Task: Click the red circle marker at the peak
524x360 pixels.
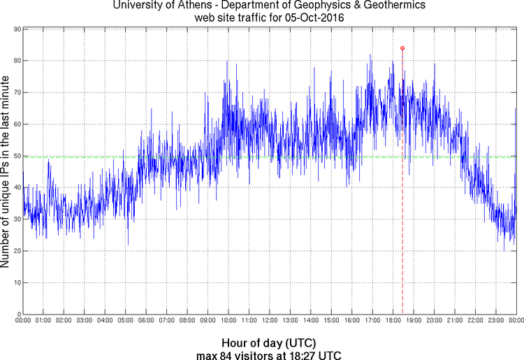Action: pyautogui.click(x=402, y=48)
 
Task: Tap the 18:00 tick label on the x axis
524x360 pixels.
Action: pyautogui.click(x=393, y=320)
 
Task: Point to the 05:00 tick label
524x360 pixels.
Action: pyautogui.click(x=126, y=320)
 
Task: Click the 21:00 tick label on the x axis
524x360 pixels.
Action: pyautogui.click(x=455, y=320)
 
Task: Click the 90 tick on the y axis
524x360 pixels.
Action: pyautogui.click(x=15, y=29)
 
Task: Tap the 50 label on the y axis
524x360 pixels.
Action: pyautogui.click(x=15, y=156)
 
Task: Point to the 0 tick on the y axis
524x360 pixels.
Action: pyautogui.click(x=17, y=314)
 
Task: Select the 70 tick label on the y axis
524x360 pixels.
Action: pyautogui.click(x=15, y=92)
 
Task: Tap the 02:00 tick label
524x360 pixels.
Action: pyautogui.click(x=64, y=320)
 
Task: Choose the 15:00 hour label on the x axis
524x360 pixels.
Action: pyautogui.click(x=331, y=320)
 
